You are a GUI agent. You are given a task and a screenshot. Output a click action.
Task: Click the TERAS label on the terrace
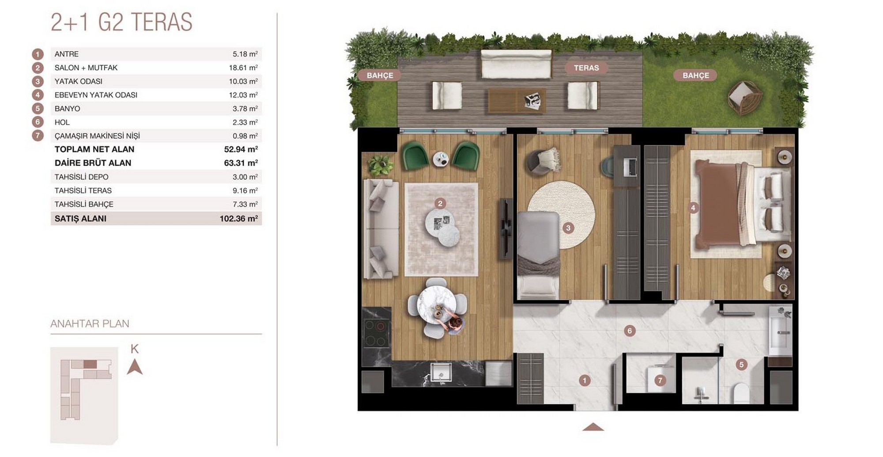pos(586,68)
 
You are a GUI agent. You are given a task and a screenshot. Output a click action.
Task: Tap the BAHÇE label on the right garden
pos(695,75)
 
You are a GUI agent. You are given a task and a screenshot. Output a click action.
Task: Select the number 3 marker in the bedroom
pos(568,228)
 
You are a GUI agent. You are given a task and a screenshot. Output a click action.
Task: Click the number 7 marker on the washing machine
pos(660,380)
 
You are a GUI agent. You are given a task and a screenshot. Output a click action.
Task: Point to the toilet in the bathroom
pos(741,393)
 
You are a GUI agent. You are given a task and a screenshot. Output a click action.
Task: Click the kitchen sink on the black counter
pos(441,373)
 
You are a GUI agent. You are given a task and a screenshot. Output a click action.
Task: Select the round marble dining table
pos(437,305)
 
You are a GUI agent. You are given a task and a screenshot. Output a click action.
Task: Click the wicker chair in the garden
pos(745,97)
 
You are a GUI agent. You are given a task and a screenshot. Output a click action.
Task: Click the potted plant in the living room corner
pos(380,164)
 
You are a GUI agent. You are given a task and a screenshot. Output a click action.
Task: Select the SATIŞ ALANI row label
pos(80,218)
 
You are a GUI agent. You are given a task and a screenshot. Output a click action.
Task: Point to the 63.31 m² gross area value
pos(241,163)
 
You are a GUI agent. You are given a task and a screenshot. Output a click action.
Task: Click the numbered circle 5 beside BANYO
pos(38,108)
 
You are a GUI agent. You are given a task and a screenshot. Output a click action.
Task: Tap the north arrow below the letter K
pos(135,367)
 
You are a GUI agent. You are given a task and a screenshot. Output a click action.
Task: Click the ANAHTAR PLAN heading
pos(90,324)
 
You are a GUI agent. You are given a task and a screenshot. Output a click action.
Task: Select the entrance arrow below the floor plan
pos(593,427)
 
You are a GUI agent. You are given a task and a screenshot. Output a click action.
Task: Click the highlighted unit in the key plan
pos(90,364)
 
